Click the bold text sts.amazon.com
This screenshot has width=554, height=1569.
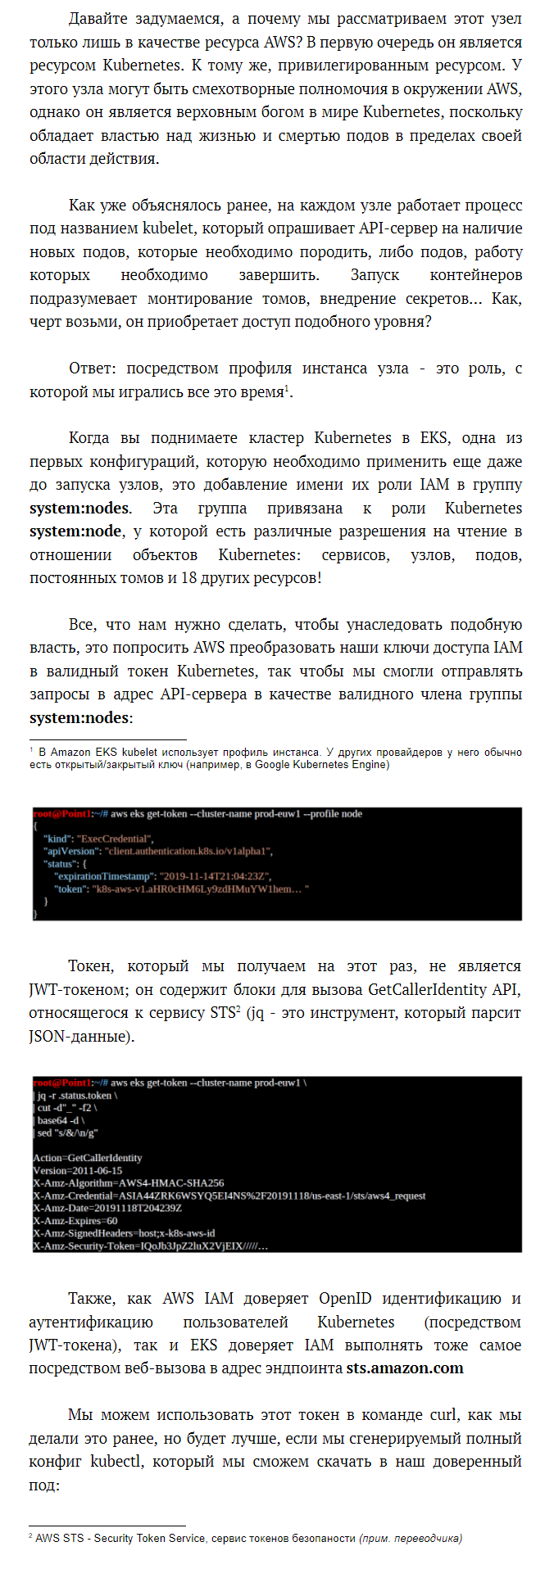click(404, 1368)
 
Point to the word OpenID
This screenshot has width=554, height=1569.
click(345, 1299)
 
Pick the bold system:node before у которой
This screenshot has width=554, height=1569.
click(75, 531)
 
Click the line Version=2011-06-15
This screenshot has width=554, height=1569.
click(78, 1171)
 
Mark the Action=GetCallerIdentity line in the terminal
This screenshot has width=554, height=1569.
click(88, 1158)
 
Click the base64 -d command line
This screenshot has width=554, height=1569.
click(61, 1120)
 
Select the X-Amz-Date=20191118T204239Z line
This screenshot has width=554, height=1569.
click(107, 1208)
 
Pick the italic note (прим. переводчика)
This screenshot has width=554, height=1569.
click(411, 1538)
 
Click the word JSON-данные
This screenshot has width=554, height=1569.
click(81, 1036)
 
